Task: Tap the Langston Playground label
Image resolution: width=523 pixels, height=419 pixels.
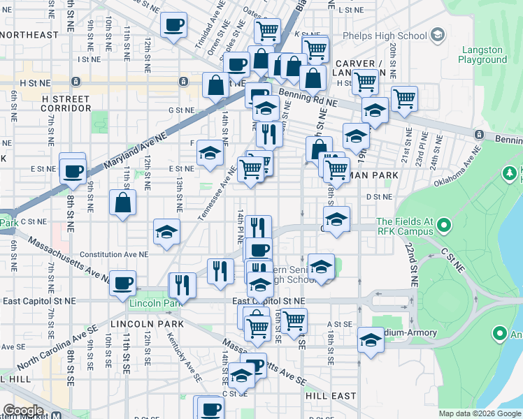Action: (x=482, y=54)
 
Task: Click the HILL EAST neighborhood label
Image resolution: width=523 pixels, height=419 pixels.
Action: (x=331, y=395)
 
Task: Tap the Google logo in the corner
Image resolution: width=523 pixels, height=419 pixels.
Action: (x=23, y=411)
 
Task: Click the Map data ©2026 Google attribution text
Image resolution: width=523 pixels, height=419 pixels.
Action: (x=480, y=413)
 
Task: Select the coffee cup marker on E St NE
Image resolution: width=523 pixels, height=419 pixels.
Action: (x=73, y=170)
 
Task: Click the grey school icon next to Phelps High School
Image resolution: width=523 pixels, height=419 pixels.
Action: (x=438, y=35)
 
